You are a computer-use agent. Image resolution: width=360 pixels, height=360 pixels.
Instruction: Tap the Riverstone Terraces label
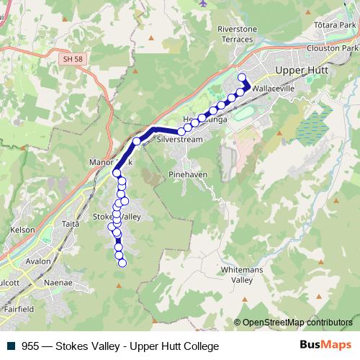pos(237,34)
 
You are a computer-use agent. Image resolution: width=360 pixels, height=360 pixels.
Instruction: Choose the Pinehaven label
pos(187,174)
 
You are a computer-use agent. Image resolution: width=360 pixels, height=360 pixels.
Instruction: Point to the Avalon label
pos(37,261)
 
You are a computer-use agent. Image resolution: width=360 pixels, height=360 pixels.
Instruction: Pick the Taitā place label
pos(71,225)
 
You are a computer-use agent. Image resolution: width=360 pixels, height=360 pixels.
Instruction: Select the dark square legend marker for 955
pos(12,346)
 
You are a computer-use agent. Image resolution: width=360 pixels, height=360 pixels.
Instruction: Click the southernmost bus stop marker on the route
pos(122,263)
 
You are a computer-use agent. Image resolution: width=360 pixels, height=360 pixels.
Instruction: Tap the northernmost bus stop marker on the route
pos(241,78)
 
